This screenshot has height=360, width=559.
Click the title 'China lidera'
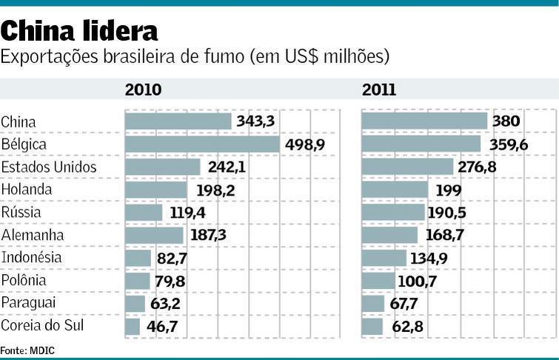click(79, 31)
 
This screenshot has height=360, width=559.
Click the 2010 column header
click(143, 90)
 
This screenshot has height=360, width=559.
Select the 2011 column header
click(379, 90)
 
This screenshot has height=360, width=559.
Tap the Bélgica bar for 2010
click(202, 144)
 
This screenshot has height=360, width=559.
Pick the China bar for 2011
click(424, 121)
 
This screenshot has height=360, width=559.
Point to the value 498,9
click(305, 144)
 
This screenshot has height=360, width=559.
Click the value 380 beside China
click(506, 121)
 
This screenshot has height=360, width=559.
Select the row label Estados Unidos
click(49, 167)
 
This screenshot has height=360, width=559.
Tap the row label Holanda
click(27, 190)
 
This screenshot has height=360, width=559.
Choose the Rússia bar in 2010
click(144, 213)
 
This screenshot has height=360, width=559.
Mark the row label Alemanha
click(32, 235)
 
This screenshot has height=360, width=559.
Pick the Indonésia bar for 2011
click(384, 258)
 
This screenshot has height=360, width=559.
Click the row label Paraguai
click(29, 303)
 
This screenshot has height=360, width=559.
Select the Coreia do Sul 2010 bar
click(133, 326)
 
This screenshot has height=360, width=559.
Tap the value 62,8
click(405, 326)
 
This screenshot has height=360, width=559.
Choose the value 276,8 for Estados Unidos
click(477, 167)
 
